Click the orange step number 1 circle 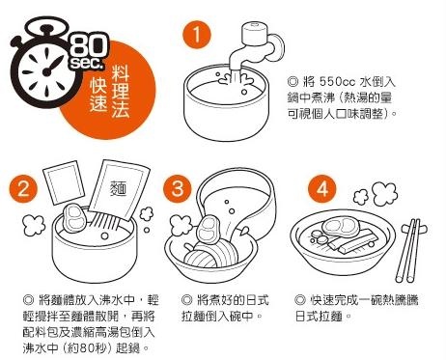click(x=197, y=35)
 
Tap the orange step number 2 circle click(x=23, y=189)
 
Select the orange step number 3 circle click(x=177, y=188)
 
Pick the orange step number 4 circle click(x=322, y=189)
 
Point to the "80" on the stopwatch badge click(x=89, y=46)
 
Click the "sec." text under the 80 click(x=87, y=63)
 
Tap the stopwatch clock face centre click(x=47, y=71)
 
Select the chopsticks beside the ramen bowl click(x=411, y=250)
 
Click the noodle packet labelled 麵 click(x=118, y=191)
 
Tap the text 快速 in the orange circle click(x=98, y=95)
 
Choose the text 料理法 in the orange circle click(x=121, y=92)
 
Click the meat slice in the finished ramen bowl click(x=342, y=227)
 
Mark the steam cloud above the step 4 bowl click(x=376, y=194)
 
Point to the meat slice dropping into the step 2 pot click(x=75, y=219)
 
